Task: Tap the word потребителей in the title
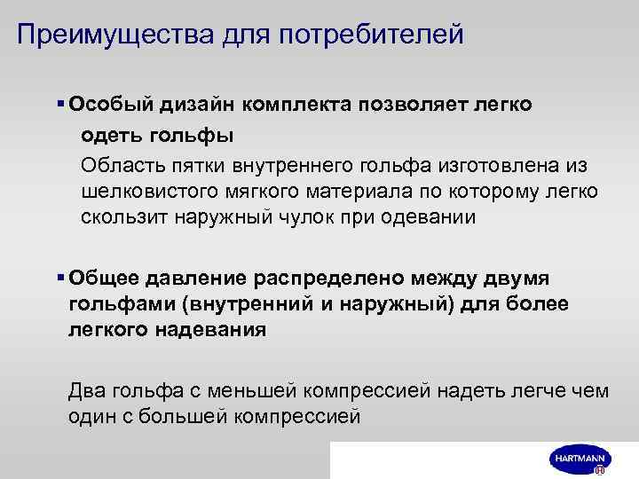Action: (372, 36)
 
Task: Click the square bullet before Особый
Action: (61, 105)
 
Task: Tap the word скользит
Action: (123, 216)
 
